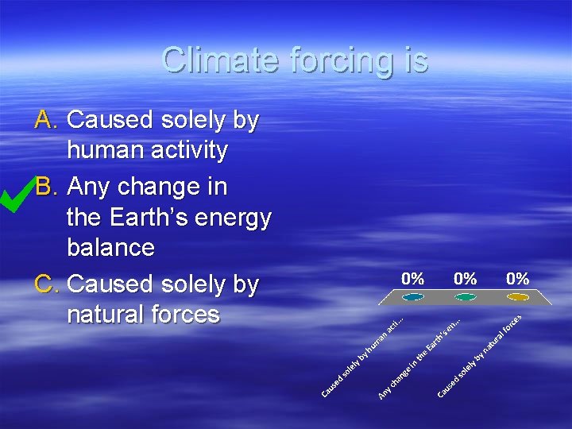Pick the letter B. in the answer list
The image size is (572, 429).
click(x=48, y=187)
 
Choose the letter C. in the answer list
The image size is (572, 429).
click(x=48, y=284)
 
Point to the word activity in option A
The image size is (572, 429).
click(x=189, y=150)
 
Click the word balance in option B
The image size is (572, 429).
click(x=110, y=247)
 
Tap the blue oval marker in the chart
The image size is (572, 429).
click(x=413, y=297)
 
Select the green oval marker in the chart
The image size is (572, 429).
click(x=465, y=297)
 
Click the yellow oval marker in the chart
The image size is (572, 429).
click(x=517, y=297)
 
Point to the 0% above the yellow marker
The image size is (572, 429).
click(x=517, y=279)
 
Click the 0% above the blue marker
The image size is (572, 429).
click(x=413, y=279)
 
